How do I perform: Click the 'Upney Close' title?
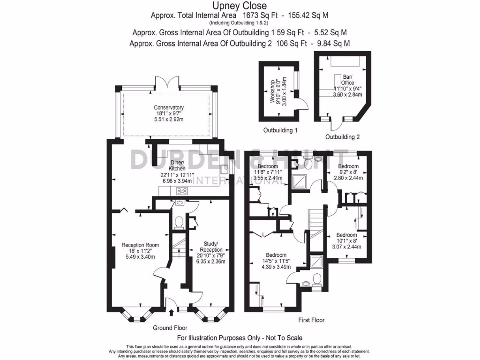click(x=240, y=6)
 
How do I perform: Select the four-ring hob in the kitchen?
click(x=181, y=191)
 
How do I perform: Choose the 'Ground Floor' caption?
click(x=170, y=328)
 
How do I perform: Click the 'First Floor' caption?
click(x=311, y=320)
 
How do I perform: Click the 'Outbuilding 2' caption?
click(x=343, y=137)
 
